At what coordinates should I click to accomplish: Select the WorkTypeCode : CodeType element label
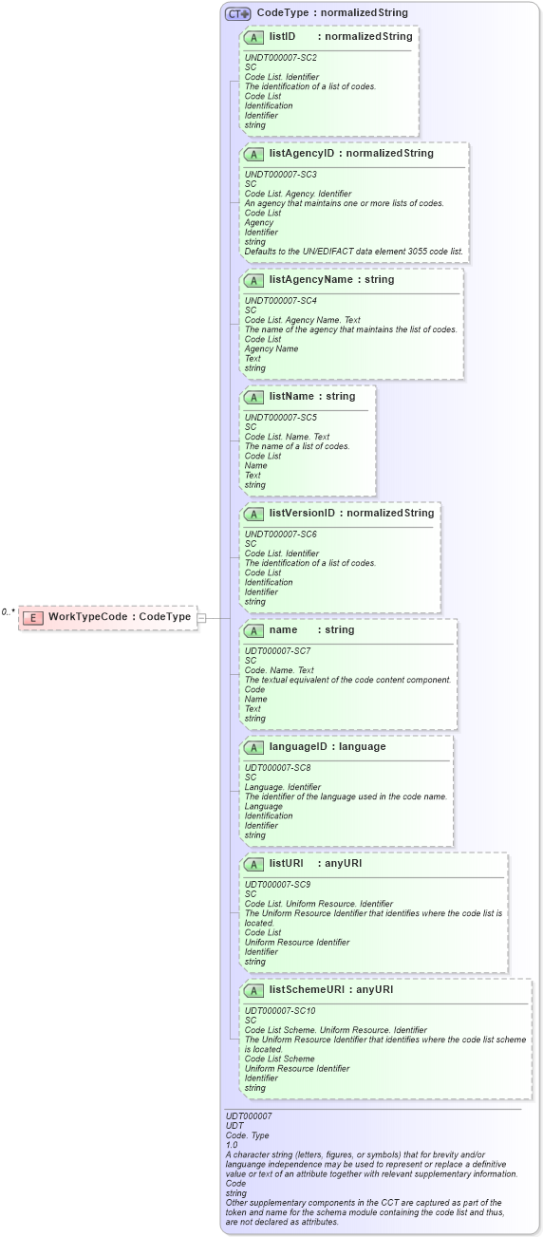(x=120, y=617)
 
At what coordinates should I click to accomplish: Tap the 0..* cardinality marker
(x=9, y=612)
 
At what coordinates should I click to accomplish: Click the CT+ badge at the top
(x=237, y=13)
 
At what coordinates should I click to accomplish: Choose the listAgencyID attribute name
(x=304, y=154)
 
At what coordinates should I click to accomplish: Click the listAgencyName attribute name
(x=310, y=280)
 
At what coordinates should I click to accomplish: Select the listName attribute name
(x=291, y=396)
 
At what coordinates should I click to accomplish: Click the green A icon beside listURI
(x=253, y=864)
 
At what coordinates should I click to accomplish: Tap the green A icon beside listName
(x=253, y=397)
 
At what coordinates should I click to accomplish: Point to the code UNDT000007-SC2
(x=280, y=58)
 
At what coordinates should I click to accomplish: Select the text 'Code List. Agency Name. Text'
(x=302, y=320)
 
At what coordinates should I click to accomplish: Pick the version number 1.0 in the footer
(x=232, y=1145)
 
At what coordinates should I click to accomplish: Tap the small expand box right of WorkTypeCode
(x=201, y=618)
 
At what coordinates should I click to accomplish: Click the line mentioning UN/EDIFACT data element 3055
(x=354, y=252)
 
